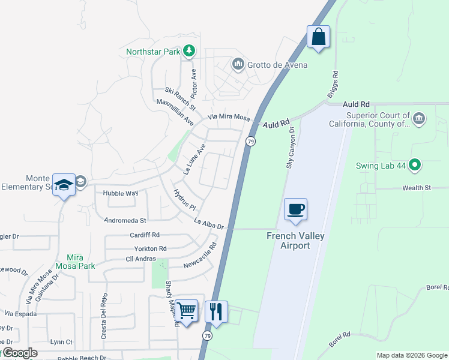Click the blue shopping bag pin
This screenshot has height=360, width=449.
click(x=318, y=37)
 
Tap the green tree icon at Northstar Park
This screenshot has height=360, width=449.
click(x=189, y=50)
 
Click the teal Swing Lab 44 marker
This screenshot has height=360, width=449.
click(x=415, y=164)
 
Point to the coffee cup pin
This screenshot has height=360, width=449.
click(x=295, y=209)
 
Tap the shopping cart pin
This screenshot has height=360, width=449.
click(x=187, y=311)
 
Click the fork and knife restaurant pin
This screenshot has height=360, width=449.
click(x=216, y=311)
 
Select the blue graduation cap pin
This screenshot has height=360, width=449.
click(x=64, y=185)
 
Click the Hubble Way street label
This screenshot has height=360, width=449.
click(x=121, y=193)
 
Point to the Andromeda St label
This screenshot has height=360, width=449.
click(x=125, y=221)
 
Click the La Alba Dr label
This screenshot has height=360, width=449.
click(x=208, y=224)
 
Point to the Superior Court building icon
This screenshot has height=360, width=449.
click(x=419, y=118)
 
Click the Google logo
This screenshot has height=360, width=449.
click(x=19, y=353)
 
